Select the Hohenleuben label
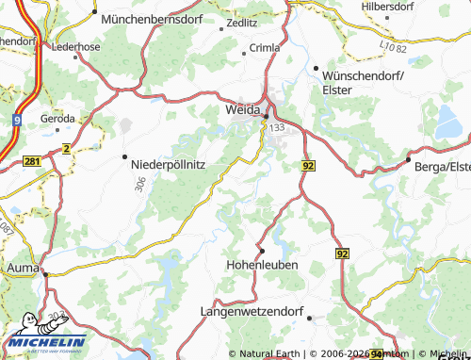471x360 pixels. [x=263, y=265]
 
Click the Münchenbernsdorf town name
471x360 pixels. [x=152, y=18]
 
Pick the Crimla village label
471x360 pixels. [x=264, y=47]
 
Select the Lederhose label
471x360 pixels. [x=75, y=45]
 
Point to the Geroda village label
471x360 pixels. [x=57, y=119]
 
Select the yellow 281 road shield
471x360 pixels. [x=31, y=162]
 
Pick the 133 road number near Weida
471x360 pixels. [x=276, y=126]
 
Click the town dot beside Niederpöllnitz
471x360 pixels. [x=124, y=157]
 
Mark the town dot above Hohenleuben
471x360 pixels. [x=262, y=251]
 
